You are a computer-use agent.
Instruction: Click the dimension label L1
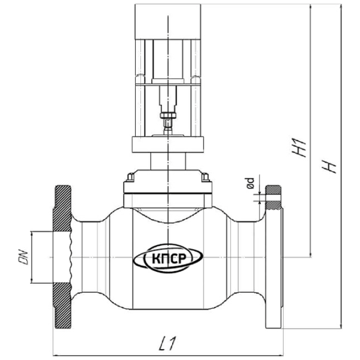[x=167, y=343]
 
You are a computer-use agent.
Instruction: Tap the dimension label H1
[x=299, y=148]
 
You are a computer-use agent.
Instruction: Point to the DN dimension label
[x=23, y=257]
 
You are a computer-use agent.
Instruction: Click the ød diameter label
[x=250, y=183]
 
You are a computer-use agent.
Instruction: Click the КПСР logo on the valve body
[x=168, y=259]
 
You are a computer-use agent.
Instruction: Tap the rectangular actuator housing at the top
[x=168, y=22]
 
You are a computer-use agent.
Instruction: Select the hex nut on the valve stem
[x=168, y=115]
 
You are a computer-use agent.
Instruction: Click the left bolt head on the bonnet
[x=130, y=177]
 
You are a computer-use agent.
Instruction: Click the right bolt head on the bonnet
[x=205, y=177]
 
